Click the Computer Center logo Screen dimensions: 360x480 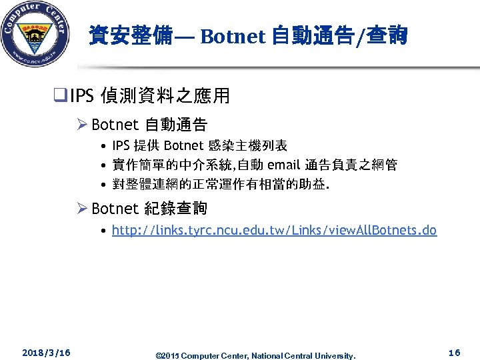[x=35, y=35]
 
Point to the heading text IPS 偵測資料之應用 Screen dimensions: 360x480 [x=150, y=97]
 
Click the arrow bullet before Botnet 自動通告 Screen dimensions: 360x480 [x=83, y=125]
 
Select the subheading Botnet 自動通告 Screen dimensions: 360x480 [x=149, y=125]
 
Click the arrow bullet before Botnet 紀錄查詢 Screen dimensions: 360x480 [x=83, y=209]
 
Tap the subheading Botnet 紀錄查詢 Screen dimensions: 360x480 [x=149, y=209]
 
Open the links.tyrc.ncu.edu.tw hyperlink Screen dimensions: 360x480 [x=274, y=231]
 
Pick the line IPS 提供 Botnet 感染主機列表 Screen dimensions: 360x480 [x=199, y=145]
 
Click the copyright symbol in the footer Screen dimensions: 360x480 [x=158, y=355]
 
